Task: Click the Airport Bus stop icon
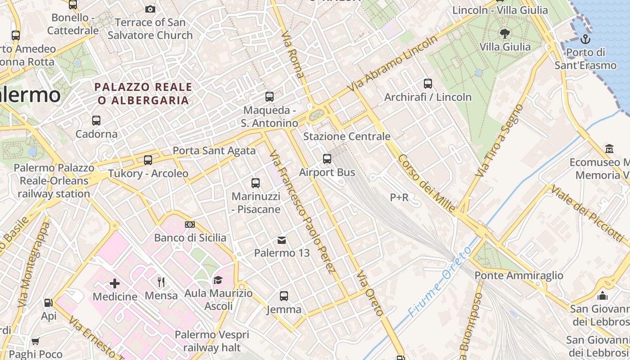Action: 327,159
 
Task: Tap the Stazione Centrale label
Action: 347,136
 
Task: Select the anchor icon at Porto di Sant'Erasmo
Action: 585,39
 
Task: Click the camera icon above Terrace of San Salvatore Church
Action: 150,9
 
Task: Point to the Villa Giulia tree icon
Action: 505,33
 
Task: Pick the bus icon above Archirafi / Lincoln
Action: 428,84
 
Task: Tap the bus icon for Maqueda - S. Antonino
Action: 270,97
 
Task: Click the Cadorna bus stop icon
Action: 96,121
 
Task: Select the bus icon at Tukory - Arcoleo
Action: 148,160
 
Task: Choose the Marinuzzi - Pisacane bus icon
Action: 256,183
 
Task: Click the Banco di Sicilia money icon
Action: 190,225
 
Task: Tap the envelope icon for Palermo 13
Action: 282,240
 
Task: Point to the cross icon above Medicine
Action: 115,283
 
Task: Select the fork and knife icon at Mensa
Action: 161,282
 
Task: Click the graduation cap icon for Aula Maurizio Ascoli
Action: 218,280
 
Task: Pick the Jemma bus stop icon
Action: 284,296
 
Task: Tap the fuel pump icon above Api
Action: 49,303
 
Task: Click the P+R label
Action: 399,197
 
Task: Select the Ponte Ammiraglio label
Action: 519,275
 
